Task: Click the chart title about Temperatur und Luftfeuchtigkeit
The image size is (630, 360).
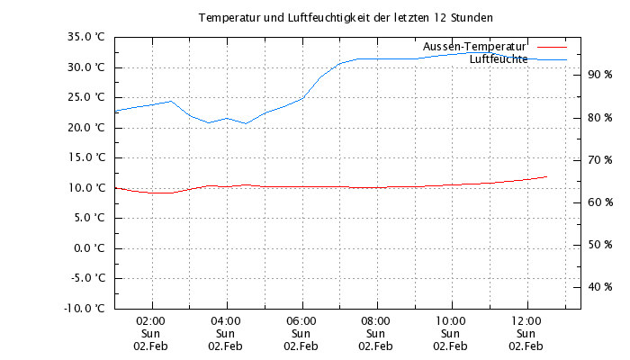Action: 346,17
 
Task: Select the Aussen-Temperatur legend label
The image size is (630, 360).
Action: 473,45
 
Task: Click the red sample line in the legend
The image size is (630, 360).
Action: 551,45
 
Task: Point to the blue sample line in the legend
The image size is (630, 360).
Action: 551,59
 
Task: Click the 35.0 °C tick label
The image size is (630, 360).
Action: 87,37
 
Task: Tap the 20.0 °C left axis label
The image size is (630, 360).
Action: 87,127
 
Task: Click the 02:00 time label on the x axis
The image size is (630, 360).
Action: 150,319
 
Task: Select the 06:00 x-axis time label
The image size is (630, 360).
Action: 301,319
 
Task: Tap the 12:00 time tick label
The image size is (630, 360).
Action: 526,319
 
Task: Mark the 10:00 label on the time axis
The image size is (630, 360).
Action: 451,319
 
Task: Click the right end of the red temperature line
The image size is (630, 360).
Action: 546,176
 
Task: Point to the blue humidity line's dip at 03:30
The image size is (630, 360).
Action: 208,122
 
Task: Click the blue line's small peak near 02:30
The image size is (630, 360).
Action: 171,101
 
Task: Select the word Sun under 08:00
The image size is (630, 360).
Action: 375,333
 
